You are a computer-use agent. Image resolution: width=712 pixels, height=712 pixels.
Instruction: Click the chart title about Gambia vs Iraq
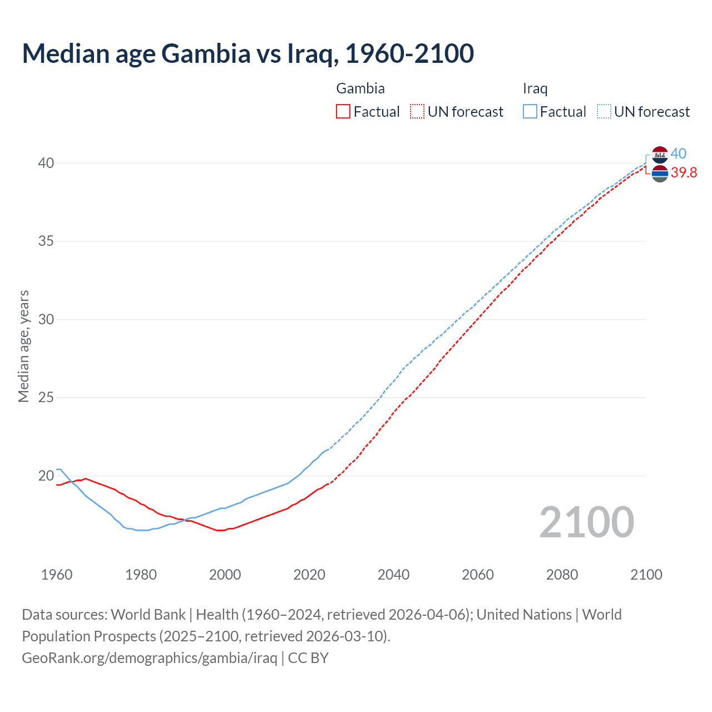tap(248, 54)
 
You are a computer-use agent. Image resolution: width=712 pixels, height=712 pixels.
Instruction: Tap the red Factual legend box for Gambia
tap(343, 112)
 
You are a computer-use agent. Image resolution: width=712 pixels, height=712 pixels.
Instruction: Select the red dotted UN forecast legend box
tap(417, 112)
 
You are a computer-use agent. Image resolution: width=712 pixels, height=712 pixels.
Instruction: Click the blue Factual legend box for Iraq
tap(530, 112)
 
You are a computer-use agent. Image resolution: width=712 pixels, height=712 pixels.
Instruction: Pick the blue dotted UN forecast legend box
tap(604, 112)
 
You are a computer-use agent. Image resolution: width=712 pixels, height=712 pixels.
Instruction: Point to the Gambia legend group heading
tap(360, 88)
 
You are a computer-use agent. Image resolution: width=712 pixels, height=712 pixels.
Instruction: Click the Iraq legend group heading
tap(535, 88)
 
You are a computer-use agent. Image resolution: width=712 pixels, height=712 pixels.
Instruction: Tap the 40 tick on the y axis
tap(46, 163)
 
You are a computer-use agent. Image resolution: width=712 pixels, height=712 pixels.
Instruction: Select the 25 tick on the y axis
tap(46, 398)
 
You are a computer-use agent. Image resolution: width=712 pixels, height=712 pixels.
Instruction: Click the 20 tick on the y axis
tap(46, 476)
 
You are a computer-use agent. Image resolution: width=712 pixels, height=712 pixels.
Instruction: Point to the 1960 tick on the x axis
tap(57, 575)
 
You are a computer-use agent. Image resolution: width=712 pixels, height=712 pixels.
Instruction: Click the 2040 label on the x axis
tap(393, 575)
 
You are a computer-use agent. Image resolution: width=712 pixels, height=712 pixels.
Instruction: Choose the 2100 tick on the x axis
tap(646, 575)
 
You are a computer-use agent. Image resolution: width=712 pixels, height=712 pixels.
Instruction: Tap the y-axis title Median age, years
tap(23, 346)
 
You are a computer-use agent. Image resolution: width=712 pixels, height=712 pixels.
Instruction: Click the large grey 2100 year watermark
tap(586, 522)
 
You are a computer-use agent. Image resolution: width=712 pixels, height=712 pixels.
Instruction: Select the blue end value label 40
tap(678, 154)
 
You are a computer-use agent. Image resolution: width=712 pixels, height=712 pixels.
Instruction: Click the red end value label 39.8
tap(684, 173)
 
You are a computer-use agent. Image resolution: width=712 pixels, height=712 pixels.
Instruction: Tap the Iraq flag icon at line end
tap(660, 155)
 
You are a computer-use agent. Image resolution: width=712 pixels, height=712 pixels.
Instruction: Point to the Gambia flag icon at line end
tap(660, 174)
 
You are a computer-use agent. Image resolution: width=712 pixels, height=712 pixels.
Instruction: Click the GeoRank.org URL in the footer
tap(150, 658)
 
